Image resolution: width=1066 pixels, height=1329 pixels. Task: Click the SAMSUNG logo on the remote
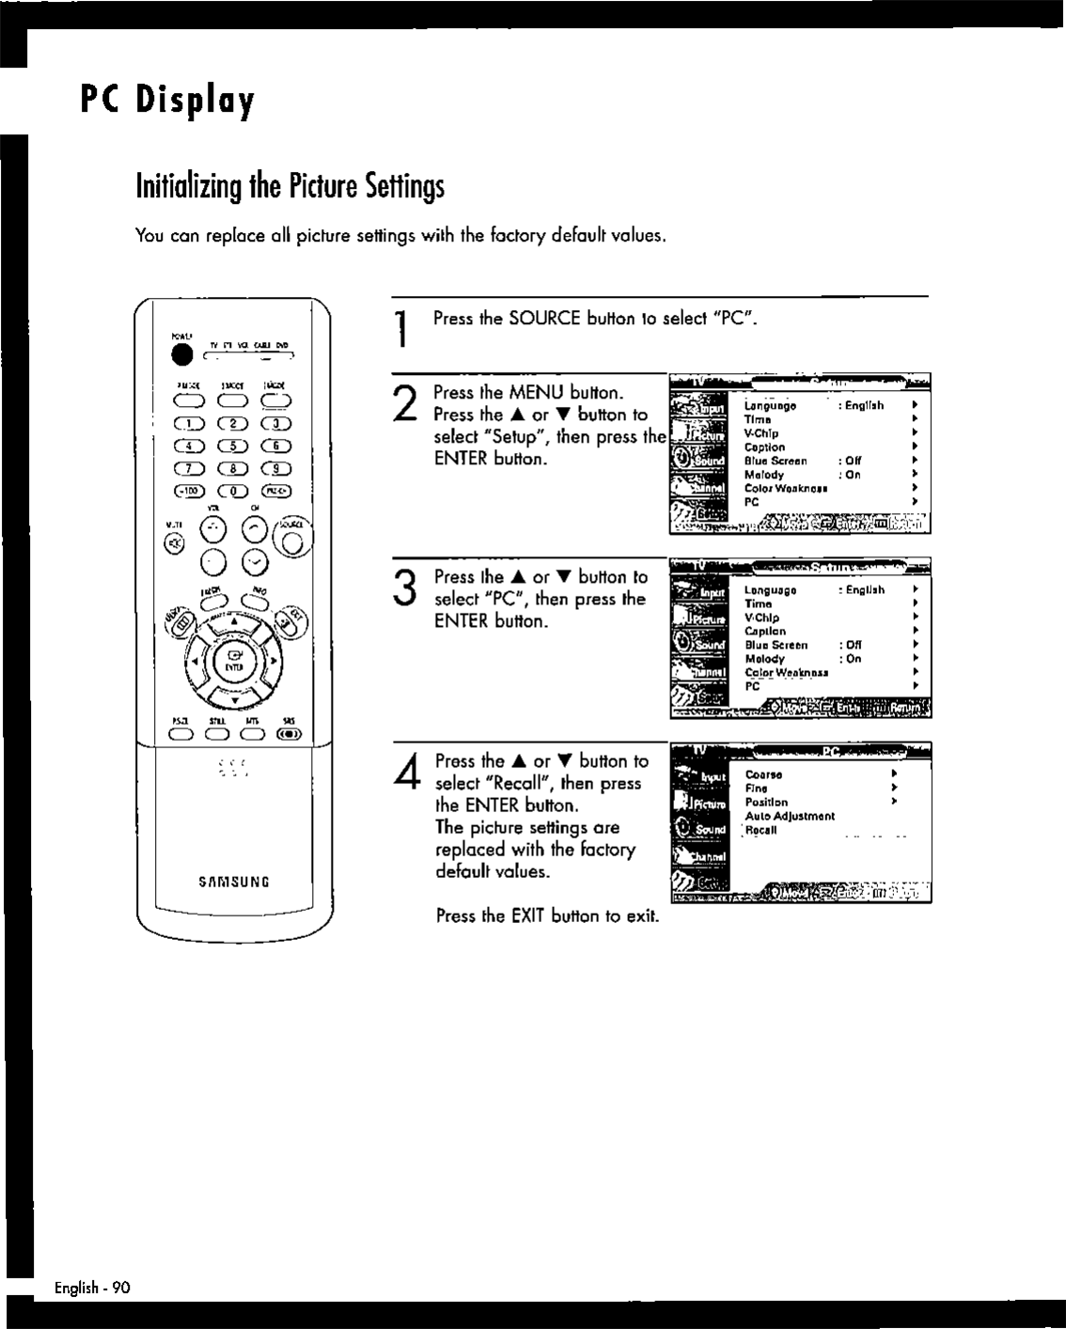point(234,882)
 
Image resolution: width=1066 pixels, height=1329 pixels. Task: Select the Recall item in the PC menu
point(761,830)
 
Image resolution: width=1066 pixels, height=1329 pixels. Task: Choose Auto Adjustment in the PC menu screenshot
point(789,817)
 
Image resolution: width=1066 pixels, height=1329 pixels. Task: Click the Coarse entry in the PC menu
point(763,775)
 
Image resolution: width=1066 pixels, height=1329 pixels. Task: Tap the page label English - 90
point(91,1288)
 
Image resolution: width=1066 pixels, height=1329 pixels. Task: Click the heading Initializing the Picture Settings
point(290,186)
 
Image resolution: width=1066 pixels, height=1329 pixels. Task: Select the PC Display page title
point(167,101)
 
